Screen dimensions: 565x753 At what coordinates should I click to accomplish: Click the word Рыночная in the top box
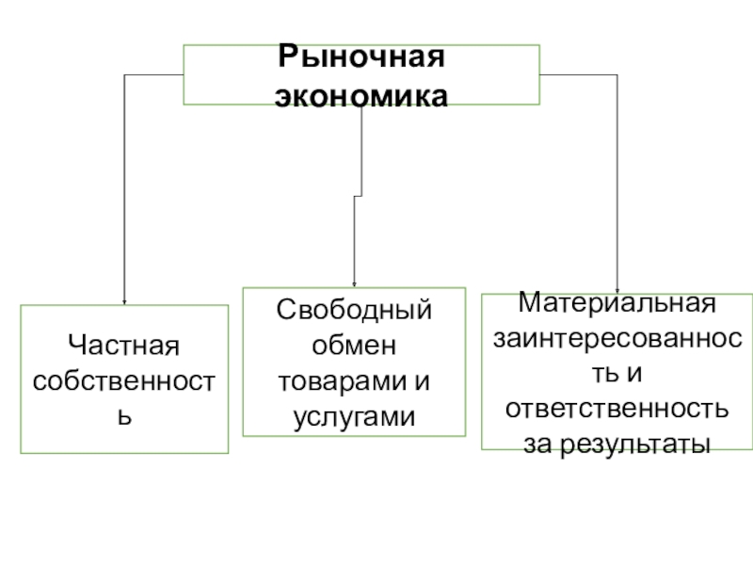[x=360, y=59]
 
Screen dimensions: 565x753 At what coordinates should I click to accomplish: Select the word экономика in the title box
[x=360, y=95]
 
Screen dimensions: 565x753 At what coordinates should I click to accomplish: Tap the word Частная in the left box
[x=123, y=349]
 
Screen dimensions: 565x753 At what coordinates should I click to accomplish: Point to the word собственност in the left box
[x=123, y=381]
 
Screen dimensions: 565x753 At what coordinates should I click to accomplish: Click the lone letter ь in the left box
[x=123, y=413]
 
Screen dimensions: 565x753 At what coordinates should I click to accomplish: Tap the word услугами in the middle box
[x=354, y=414]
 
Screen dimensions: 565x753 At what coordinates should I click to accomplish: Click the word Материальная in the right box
[x=617, y=305]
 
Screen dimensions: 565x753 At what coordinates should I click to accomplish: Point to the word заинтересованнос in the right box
[x=617, y=340]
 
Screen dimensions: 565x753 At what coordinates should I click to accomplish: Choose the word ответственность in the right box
[x=617, y=409]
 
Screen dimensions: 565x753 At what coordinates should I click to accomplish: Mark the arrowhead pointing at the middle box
[x=354, y=283]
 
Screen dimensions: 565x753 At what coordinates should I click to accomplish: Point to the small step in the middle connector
[x=358, y=196]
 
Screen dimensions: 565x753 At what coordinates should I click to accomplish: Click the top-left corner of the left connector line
[x=124, y=75]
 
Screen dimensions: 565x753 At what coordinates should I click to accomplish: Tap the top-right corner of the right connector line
[x=617, y=75]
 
